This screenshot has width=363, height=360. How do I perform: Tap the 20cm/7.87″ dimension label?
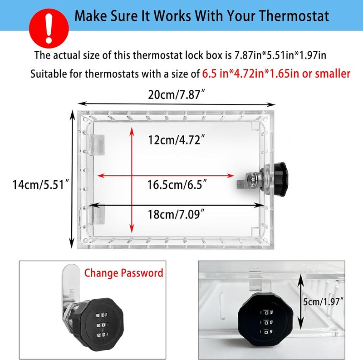(x=177, y=95)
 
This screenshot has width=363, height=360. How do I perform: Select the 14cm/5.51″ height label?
(x=41, y=184)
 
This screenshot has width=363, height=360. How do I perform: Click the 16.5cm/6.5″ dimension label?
(x=177, y=185)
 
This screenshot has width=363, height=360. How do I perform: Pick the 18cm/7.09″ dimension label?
(x=177, y=213)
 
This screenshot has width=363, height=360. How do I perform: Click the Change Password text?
(x=123, y=273)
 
